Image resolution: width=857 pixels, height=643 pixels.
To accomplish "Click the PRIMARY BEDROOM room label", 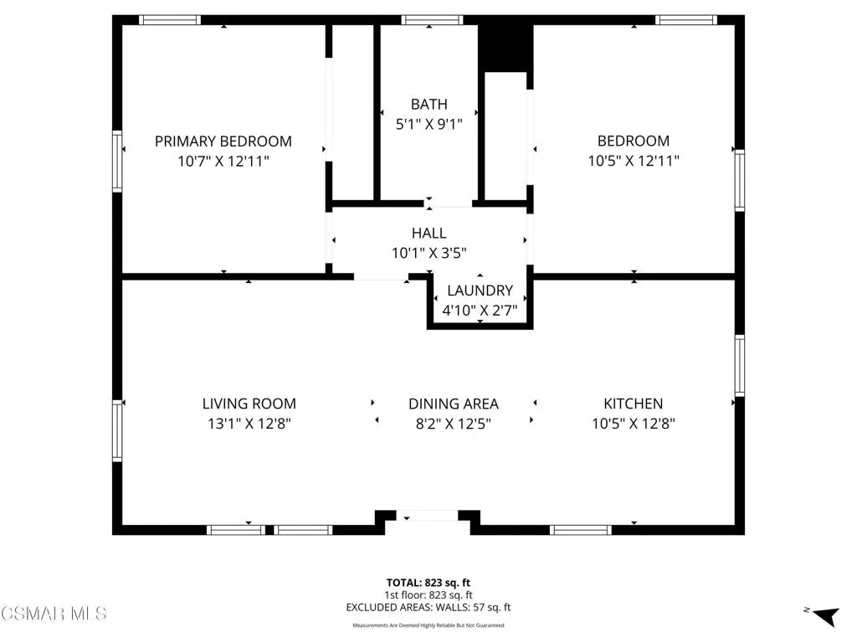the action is [223, 141].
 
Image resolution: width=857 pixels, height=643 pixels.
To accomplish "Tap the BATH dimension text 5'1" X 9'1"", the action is [429, 124].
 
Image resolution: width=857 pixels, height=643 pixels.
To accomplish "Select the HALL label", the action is [429, 233].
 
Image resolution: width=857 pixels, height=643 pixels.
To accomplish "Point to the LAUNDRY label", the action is [480, 291].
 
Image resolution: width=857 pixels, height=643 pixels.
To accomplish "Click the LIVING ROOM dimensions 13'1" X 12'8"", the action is [249, 424].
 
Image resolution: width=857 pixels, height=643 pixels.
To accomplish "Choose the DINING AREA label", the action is [454, 404].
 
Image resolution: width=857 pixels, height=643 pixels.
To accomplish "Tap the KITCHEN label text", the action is [634, 404].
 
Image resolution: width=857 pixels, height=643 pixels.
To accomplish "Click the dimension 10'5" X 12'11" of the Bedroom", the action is [634, 161].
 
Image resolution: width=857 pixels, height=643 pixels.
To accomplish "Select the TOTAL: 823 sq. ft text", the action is [428, 583].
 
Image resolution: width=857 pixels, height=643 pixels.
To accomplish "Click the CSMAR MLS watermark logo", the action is [54, 614].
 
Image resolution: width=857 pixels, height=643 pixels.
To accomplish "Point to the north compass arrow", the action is [826, 615].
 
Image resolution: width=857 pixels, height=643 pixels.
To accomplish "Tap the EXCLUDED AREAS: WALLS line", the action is [428, 608].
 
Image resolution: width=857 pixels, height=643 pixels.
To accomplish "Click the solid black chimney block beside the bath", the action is [505, 47].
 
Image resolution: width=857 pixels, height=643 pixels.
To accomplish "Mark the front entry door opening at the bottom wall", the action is [427, 515].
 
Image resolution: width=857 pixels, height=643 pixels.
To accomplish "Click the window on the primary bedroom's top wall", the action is [169, 20].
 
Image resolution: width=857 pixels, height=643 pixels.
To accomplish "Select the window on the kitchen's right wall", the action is [740, 365].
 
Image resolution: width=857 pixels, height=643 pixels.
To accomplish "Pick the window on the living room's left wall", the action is [117, 430].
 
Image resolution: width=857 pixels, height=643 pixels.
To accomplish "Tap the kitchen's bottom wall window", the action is [581, 530].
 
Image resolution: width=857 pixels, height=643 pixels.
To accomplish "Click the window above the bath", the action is [433, 20].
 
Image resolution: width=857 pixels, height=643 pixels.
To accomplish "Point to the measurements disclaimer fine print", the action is [428, 625].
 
